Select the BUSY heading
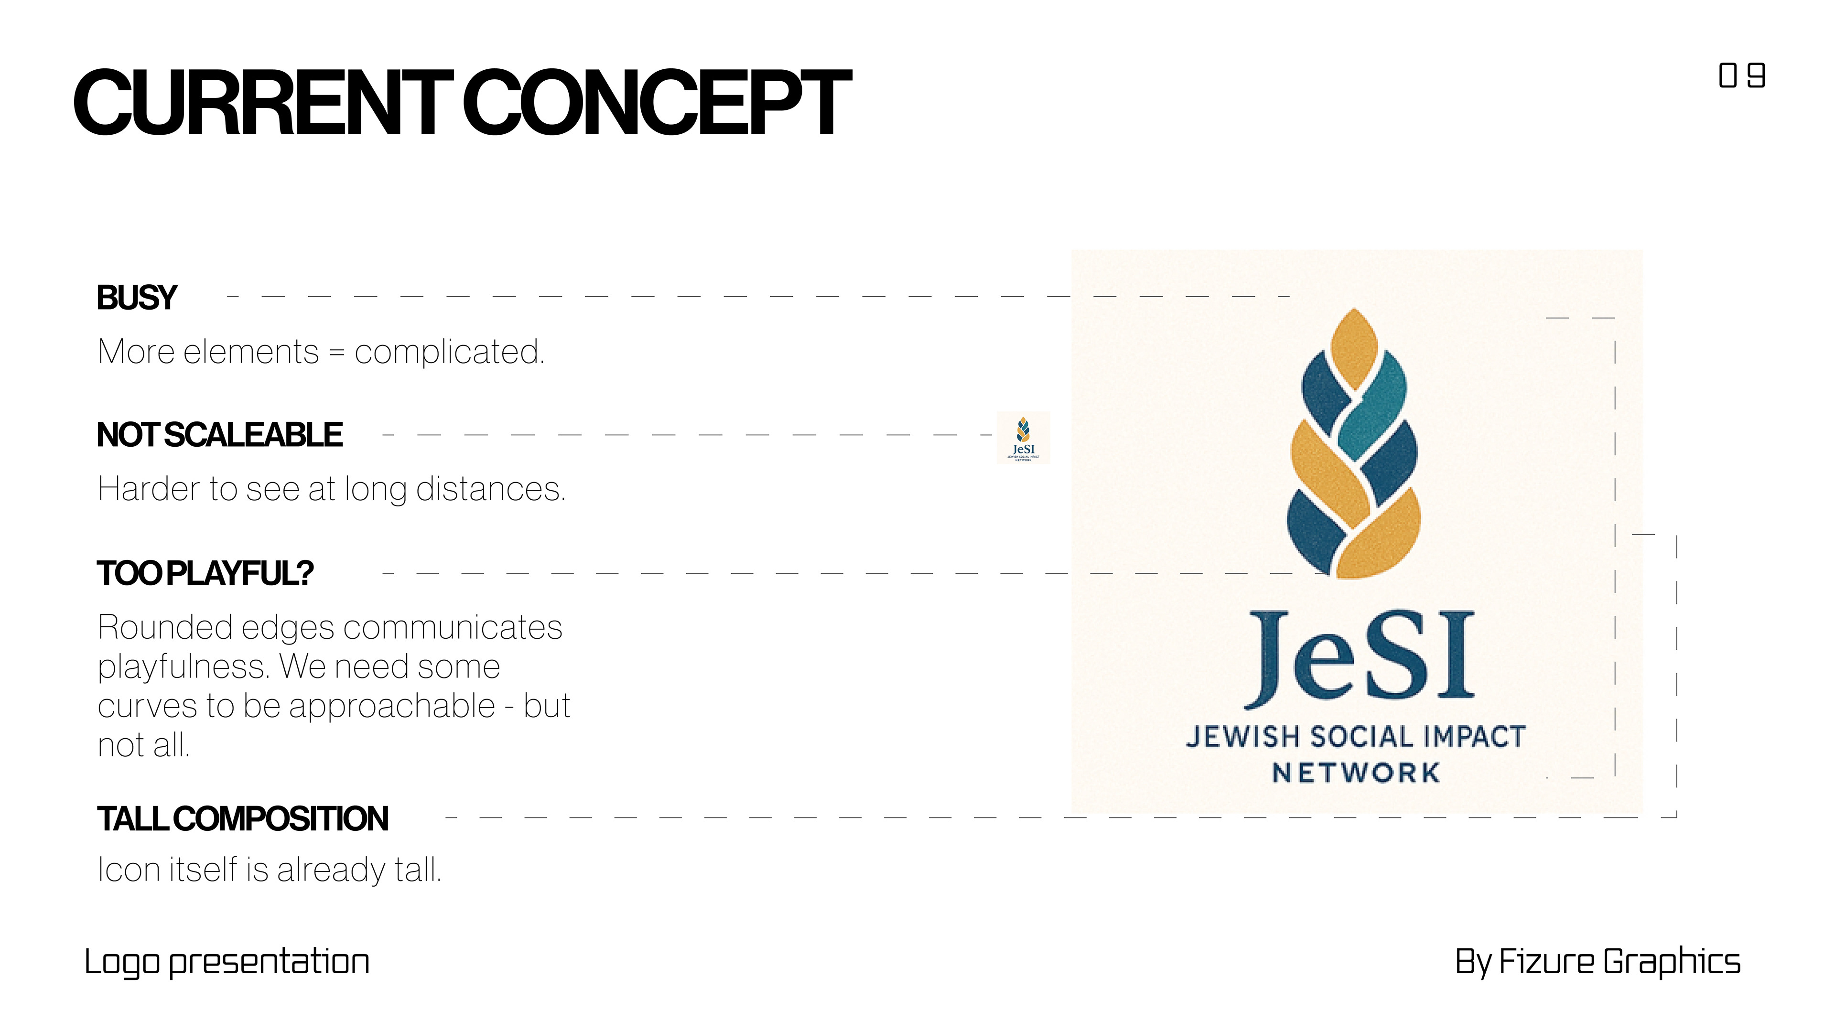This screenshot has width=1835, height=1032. (x=136, y=298)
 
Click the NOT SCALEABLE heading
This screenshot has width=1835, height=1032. (x=219, y=435)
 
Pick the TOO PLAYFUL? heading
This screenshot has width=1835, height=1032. (x=205, y=573)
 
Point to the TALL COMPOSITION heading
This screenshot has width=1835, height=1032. (x=243, y=819)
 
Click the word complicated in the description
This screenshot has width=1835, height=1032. (x=449, y=352)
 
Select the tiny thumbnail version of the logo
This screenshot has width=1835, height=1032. (x=1023, y=439)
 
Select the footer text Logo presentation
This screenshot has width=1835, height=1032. (x=227, y=962)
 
